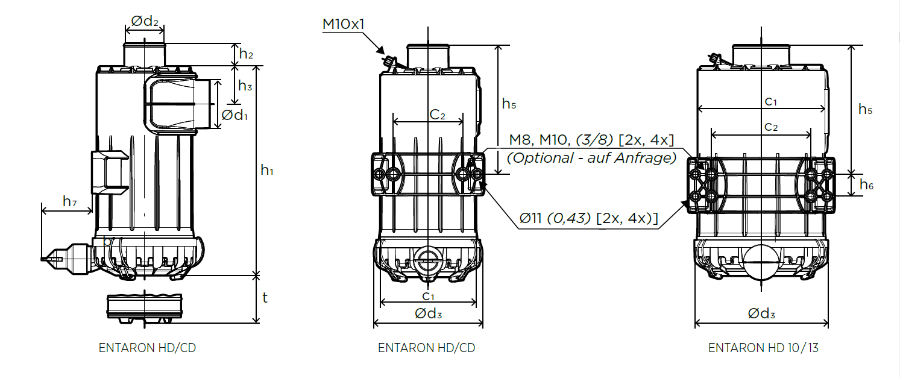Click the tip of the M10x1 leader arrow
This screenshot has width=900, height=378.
[384, 54]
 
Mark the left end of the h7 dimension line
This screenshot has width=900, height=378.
[42, 210]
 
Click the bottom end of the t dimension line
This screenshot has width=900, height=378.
[256, 323]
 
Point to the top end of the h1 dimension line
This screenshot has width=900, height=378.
[256, 66]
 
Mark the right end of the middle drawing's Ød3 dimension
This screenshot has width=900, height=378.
[482, 323]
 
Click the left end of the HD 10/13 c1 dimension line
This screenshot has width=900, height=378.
[698, 108]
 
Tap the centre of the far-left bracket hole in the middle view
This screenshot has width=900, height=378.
[379, 174]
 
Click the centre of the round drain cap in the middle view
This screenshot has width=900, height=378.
[427, 260]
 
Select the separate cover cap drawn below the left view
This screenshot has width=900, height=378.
[145, 309]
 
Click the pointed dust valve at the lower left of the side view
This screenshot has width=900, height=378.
[68, 259]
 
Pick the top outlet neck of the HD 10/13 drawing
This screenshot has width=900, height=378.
[761, 55]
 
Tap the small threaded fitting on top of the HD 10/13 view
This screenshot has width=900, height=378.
[714, 58]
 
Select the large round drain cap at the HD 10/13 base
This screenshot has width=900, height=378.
[761, 263]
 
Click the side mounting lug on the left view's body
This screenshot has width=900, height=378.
[109, 172]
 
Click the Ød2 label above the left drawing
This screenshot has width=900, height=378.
[145, 21]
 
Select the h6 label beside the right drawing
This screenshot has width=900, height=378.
[867, 185]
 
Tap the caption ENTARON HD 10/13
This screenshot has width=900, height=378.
[763, 347]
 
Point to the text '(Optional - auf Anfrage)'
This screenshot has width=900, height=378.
[591, 158]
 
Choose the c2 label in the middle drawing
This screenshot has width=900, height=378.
[437, 115]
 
